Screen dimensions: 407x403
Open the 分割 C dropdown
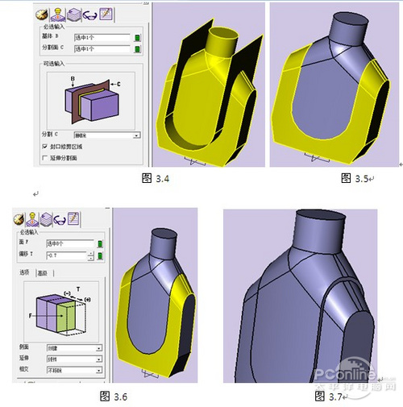pyautogui.click(x=136, y=135)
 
